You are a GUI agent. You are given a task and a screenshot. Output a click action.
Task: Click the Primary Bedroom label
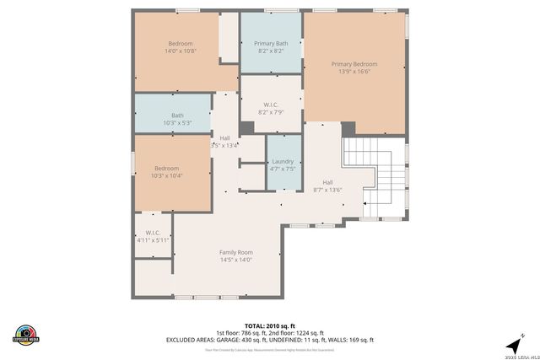[x=354, y=64]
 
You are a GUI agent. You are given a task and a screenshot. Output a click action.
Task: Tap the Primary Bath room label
[x=270, y=44]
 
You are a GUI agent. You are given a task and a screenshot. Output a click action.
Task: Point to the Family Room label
[x=236, y=252]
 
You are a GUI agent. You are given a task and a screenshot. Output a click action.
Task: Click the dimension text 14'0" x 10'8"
[x=180, y=51]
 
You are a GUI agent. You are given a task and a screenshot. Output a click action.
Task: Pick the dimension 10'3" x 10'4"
[x=166, y=175]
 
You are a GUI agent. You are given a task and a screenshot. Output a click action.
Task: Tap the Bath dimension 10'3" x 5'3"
[x=177, y=123]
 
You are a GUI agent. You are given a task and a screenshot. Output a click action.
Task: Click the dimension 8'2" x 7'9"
[x=270, y=112]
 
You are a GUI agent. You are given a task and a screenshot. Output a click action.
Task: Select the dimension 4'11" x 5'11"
[x=153, y=240]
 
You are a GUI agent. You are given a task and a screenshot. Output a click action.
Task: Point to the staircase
[x=376, y=177]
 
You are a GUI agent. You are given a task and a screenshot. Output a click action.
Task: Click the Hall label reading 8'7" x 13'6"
[x=327, y=190]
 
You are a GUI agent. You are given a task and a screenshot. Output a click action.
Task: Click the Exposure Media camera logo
[x=27, y=334]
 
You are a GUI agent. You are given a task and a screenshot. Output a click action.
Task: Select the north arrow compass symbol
[x=511, y=345]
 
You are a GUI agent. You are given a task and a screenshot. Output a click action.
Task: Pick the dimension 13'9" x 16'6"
[x=354, y=72]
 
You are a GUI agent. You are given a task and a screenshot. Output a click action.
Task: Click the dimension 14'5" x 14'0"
[x=236, y=260]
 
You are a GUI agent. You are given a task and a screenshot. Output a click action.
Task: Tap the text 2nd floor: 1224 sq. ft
[x=296, y=332]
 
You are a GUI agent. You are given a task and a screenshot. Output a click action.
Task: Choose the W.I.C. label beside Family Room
[x=153, y=233]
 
